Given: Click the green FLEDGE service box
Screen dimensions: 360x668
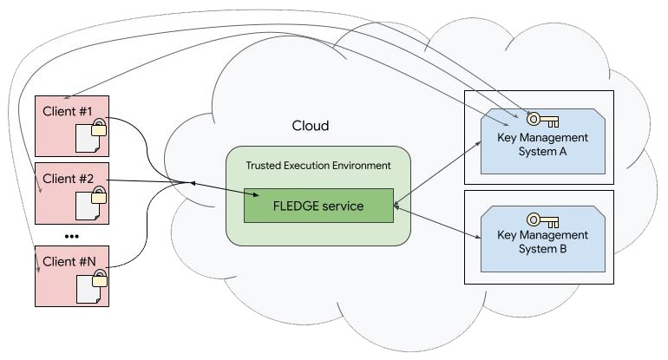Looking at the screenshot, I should (x=318, y=206).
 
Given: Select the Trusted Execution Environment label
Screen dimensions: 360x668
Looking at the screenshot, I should (x=318, y=165).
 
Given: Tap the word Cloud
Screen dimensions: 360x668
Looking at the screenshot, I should (x=310, y=126).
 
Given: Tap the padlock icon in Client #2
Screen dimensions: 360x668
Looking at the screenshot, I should (x=100, y=195).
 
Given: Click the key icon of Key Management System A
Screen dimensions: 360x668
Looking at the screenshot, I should (x=542, y=120).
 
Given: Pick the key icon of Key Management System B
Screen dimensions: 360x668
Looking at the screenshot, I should (x=542, y=218).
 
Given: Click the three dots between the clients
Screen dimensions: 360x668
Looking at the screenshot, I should (x=72, y=236).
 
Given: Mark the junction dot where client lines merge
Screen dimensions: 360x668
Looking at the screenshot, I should (x=192, y=184).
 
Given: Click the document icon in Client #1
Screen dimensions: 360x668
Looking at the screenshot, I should (x=88, y=136).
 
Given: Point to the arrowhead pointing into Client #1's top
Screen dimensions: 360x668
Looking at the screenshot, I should (x=65, y=98).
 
